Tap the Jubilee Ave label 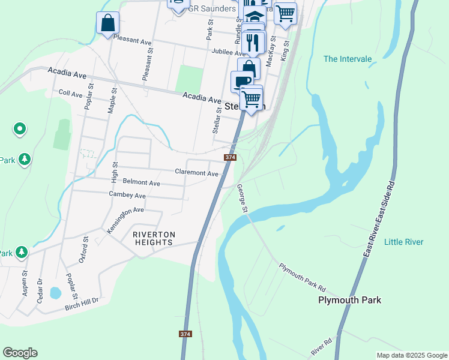[229, 52]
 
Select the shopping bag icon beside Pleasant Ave [107, 24]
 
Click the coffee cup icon [242, 82]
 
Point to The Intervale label [348, 59]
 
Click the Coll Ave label [70, 94]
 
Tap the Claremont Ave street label [196, 173]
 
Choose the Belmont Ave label [141, 182]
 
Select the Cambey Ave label [127, 196]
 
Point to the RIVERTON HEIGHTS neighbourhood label [154, 238]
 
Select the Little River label [403, 242]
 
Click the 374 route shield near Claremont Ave [230, 157]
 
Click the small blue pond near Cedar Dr [55, 293]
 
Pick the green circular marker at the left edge [20, 128]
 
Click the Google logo [20, 353]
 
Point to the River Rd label [322, 346]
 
